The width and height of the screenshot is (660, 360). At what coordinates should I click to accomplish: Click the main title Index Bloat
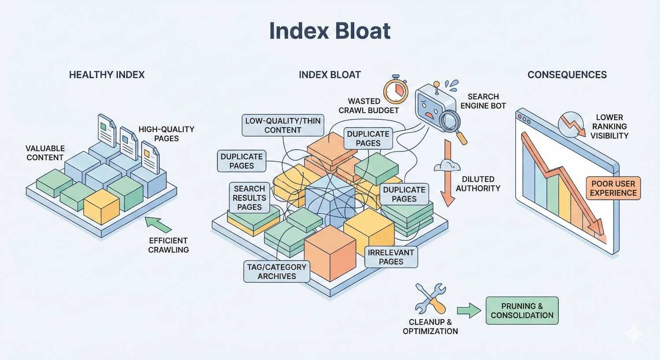(330, 31)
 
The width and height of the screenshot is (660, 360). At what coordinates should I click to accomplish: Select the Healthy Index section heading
(107, 75)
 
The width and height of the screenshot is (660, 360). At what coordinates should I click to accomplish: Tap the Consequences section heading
(567, 75)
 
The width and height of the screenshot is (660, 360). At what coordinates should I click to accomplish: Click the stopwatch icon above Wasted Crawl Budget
(396, 91)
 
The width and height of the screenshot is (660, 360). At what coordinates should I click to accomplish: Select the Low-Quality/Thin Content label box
(282, 125)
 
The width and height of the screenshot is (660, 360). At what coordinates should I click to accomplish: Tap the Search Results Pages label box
(249, 198)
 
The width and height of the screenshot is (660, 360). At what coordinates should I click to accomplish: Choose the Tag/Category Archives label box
(277, 272)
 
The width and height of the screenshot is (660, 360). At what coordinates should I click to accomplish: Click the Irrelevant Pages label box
(391, 257)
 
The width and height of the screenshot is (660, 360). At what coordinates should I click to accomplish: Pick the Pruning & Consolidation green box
(522, 311)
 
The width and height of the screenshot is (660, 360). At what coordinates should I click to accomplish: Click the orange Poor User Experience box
(613, 188)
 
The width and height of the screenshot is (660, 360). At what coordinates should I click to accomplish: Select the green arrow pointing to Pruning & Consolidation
(469, 310)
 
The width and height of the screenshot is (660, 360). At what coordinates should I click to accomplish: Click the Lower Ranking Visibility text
(609, 127)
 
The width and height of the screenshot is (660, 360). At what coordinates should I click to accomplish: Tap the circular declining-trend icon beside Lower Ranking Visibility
(571, 124)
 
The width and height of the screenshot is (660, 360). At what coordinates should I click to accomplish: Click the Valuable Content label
(45, 153)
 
